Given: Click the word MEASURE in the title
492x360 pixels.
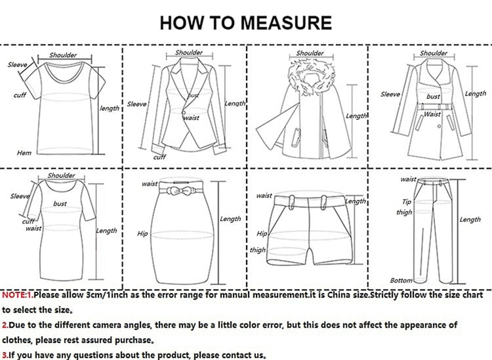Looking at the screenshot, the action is [286, 22].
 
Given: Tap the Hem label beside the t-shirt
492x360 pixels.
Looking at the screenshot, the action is [24, 153].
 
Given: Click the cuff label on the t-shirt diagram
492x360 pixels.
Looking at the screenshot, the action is [20, 95].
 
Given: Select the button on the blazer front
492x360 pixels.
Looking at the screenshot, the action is [183, 112].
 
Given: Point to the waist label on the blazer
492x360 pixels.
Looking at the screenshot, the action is [191, 118].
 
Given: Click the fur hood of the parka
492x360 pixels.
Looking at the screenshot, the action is [311, 77].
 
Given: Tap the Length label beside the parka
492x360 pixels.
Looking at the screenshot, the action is [356, 116].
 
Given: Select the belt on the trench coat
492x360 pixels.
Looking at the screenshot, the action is [434, 107].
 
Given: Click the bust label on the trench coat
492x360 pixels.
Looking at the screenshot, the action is [433, 96].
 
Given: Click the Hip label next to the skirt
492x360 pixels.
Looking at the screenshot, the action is [142, 233].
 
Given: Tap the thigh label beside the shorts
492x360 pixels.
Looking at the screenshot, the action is [258, 250].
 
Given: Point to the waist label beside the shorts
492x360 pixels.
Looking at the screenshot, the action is [264, 195].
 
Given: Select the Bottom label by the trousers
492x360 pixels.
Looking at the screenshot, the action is [401, 281].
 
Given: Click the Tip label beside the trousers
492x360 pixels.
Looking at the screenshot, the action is [407, 201].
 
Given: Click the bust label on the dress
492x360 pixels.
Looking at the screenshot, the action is [60, 203].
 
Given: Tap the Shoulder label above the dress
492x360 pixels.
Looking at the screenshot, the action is [61, 175].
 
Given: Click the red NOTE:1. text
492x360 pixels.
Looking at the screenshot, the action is [18, 295].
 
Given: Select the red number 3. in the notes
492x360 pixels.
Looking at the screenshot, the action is [5, 355].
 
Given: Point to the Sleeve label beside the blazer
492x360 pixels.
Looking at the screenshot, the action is [136, 104].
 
